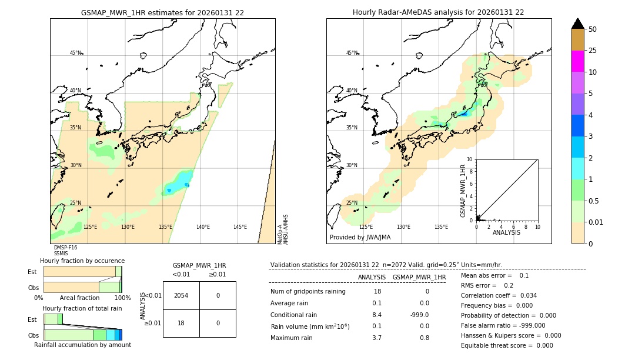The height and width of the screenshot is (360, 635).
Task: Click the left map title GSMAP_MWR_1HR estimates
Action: pos(162,12)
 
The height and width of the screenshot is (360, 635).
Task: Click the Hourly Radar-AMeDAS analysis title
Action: pos(438,12)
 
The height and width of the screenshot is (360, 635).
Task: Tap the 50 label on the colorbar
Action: pos(593,29)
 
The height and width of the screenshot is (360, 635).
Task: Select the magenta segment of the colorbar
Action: pos(577,61)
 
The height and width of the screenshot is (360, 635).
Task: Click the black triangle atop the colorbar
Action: pos(577,24)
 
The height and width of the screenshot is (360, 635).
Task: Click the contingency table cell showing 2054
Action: pos(181,295)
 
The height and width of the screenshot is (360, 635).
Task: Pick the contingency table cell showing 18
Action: pos(181,323)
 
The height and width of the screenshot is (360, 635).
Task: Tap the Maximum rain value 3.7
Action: pos(377,338)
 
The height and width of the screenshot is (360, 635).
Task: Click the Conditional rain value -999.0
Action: pos(419,315)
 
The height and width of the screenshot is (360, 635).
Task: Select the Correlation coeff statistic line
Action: pos(499,295)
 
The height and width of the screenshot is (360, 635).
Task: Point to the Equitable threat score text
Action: pos(507,345)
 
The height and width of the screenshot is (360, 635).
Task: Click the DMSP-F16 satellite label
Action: pos(65,248)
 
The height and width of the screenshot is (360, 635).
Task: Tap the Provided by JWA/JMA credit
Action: pos(360,237)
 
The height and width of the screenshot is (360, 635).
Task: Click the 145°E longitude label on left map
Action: pos(240,227)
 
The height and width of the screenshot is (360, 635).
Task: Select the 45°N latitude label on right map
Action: pos(352,53)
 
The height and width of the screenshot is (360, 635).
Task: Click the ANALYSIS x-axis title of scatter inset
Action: pos(506,232)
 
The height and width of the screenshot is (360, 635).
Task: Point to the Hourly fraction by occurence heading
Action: pos(82,261)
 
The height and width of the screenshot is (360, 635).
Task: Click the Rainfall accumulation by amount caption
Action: pos(82,345)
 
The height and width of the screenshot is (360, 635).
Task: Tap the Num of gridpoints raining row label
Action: pos(308,292)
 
